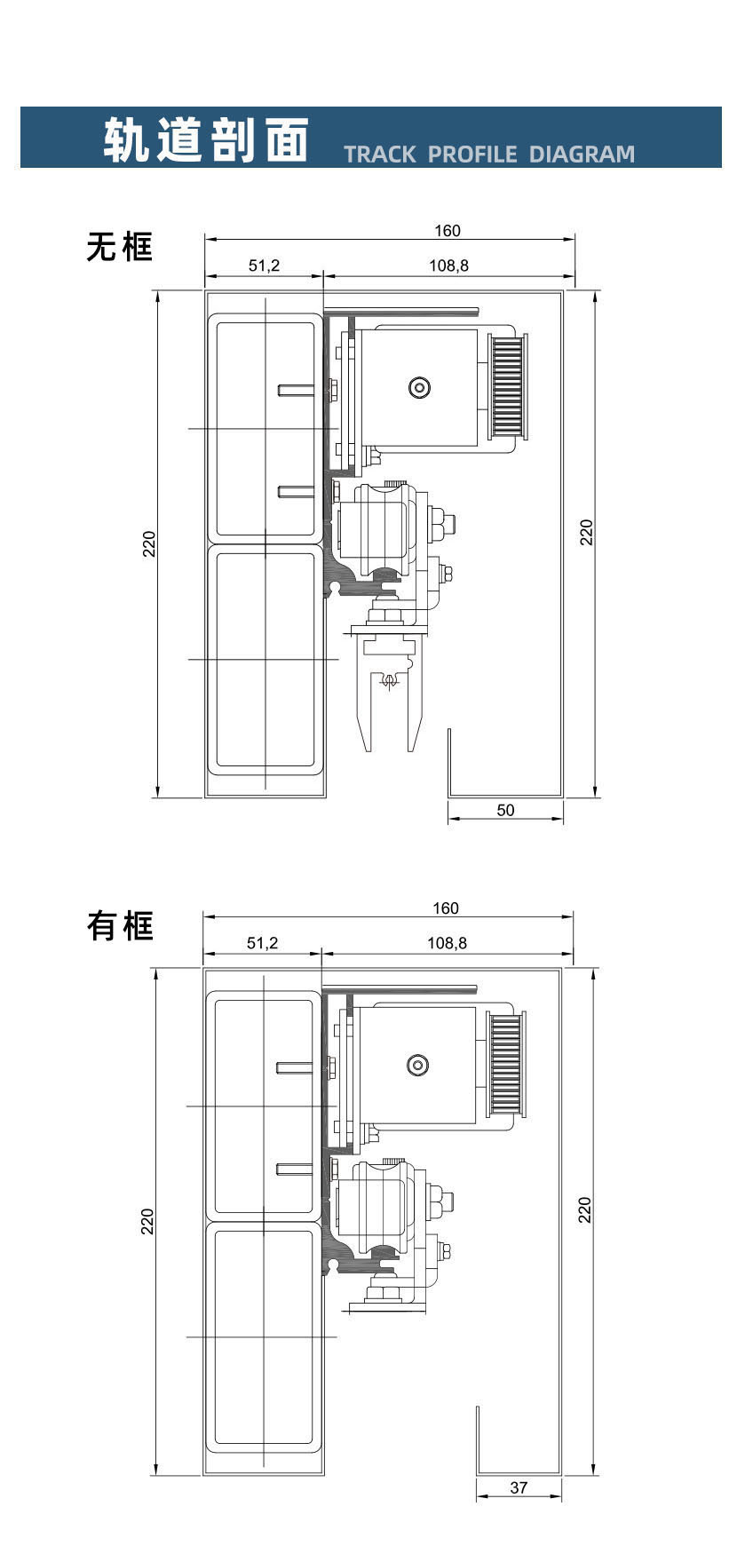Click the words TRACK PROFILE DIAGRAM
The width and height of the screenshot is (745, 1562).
(489, 154)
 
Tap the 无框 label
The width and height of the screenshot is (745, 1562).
(120, 246)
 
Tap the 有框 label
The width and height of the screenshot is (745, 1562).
(120, 925)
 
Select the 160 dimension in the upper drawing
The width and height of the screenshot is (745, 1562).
(448, 231)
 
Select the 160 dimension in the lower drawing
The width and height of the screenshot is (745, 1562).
(446, 908)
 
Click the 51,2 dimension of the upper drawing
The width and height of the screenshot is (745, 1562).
(264, 266)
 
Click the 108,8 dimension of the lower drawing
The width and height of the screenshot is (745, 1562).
(447, 943)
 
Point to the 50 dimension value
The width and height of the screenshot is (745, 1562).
(505, 810)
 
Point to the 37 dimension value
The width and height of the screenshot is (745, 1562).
(519, 1488)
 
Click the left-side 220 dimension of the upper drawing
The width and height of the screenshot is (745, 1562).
(150, 543)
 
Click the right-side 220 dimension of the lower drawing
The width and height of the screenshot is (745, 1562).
(584, 1209)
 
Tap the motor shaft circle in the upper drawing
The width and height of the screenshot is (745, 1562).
(419, 387)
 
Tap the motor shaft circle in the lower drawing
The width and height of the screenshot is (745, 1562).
(417, 1065)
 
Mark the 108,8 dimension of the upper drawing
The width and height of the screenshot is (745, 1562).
(448, 266)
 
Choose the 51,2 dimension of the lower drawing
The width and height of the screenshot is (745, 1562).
(262, 943)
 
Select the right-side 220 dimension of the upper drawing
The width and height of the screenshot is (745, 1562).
(586, 532)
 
